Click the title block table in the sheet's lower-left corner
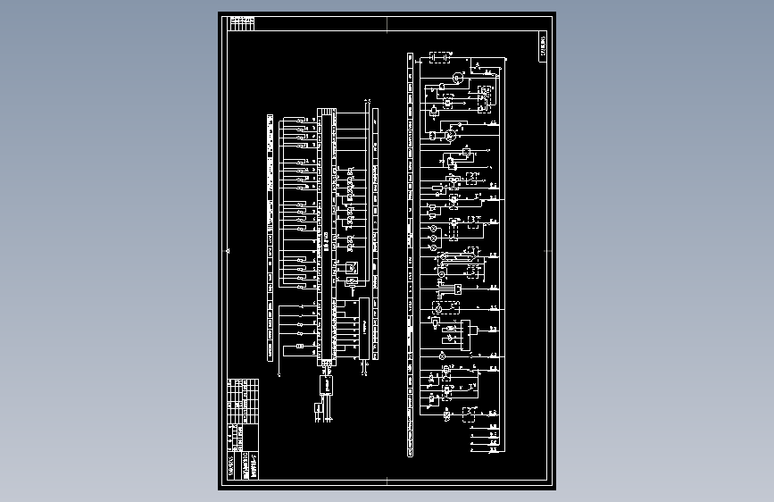pos(243,429)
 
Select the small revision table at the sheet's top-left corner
pos(242,21)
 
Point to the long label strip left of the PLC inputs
pos(270,236)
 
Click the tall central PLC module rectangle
pos(327,238)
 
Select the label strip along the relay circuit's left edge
pos(410,255)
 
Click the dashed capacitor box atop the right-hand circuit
pos(438,58)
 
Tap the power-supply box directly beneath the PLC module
pos(325,384)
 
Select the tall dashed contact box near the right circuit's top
pos(487,98)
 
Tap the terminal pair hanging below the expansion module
pos(365,371)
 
